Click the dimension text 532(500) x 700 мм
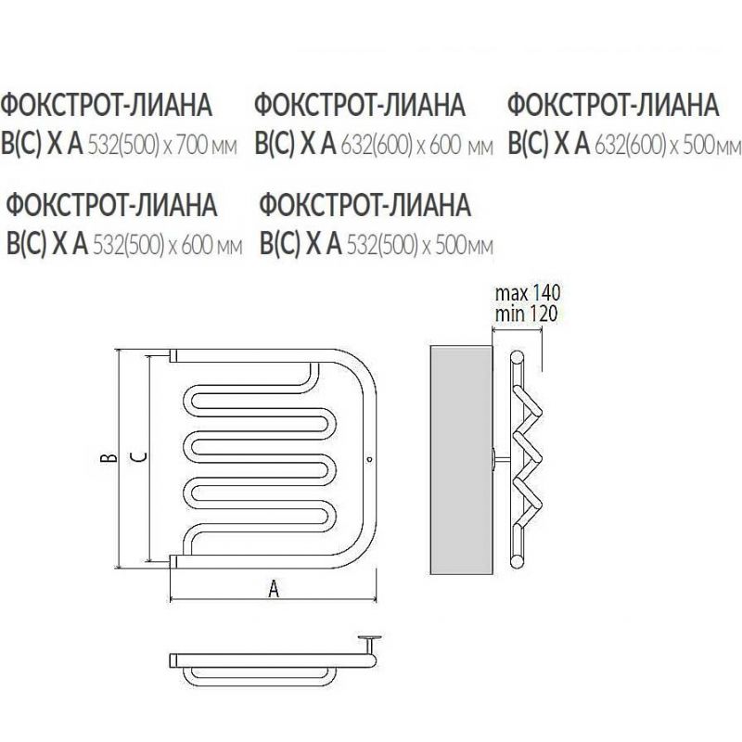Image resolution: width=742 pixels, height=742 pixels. pyautogui.click(x=162, y=145)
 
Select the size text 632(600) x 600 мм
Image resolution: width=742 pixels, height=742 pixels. pyautogui.click(x=416, y=145)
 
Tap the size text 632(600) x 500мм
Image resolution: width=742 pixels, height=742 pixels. pyautogui.click(x=668, y=145)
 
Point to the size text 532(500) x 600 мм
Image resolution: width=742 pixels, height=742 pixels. pyautogui.click(x=168, y=245)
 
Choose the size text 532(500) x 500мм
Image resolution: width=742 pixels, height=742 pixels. pyautogui.click(x=420, y=245)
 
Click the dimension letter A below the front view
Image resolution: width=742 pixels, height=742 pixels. pyautogui.click(x=274, y=590)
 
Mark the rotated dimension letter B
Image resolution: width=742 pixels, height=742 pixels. pyautogui.click(x=109, y=457)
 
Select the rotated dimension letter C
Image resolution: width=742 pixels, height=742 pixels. pyautogui.click(x=138, y=457)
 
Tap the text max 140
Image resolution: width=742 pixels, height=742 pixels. pyautogui.click(x=528, y=293)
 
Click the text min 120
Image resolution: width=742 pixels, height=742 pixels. pyautogui.click(x=526, y=313)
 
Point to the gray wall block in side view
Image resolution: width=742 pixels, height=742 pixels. pyautogui.click(x=461, y=459)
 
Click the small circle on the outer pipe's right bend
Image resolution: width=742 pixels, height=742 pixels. pyautogui.click(x=369, y=459)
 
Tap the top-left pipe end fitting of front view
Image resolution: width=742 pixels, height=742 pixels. pyautogui.click(x=173, y=355)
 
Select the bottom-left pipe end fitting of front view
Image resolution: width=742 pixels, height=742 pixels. pyautogui.click(x=173, y=562)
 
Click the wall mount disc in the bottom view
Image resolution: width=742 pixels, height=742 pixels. pyautogui.click(x=370, y=638)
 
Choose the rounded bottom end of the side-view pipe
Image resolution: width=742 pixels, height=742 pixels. pyautogui.click(x=518, y=562)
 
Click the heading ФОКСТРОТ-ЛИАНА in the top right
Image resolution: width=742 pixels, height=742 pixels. pyautogui.click(x=613, y=105)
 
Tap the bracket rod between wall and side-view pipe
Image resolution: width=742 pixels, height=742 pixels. pyautogui.click(x=503, y=459)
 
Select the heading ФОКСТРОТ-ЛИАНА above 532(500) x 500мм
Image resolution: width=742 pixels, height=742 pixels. pyautogui.click(x=365, y=205)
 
